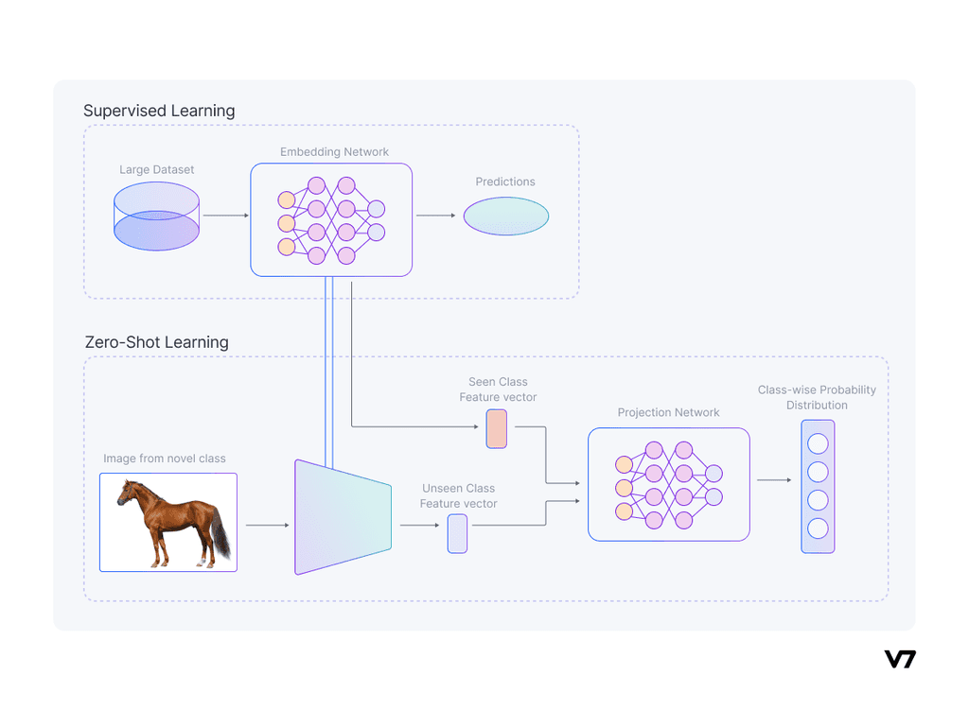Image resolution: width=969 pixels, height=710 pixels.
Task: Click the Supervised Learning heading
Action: point(159,111)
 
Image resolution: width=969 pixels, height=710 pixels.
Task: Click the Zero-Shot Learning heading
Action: point(157,341)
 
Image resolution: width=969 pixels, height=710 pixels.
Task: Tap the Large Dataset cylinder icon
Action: point(156,216)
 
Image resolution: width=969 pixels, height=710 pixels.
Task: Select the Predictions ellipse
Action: point(505,216)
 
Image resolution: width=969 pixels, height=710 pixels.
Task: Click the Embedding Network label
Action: point(334,151)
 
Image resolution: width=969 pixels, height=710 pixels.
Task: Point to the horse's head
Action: point(128,493)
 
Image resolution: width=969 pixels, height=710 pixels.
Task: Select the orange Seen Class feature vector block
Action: point(496,428)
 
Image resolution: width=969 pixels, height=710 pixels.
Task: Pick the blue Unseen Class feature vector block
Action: point(457,533)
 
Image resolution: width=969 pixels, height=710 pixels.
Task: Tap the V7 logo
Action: point(900,659)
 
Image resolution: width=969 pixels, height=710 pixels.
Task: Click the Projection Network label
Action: point(668,412)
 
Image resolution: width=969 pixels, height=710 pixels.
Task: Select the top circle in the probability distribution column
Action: point(818,443)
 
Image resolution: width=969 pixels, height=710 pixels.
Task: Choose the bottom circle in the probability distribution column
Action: point(818,528)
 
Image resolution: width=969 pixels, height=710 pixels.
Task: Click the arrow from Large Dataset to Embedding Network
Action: point(225,216)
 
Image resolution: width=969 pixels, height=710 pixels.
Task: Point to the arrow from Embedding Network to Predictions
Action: point(436,216)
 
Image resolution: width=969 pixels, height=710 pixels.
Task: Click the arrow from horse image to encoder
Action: point(267,525)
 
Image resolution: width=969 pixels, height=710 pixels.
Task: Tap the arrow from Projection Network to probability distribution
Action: point(774,480)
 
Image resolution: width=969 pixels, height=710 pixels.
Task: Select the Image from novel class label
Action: point(165,459)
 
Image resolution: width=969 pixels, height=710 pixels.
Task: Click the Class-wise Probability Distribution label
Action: point(817,397)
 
